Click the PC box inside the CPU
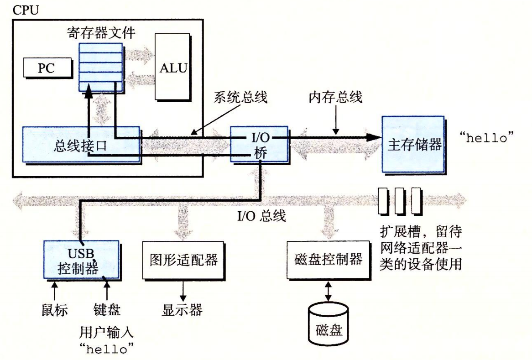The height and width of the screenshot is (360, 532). pos(47,68)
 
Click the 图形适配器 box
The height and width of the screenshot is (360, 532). pos(183,260)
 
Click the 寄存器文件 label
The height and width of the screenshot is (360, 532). pos(101,33)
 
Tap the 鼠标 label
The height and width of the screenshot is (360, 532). pos(54,310)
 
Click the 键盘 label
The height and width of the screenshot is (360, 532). pos(107,310)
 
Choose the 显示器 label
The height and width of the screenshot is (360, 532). pos(182,310)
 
